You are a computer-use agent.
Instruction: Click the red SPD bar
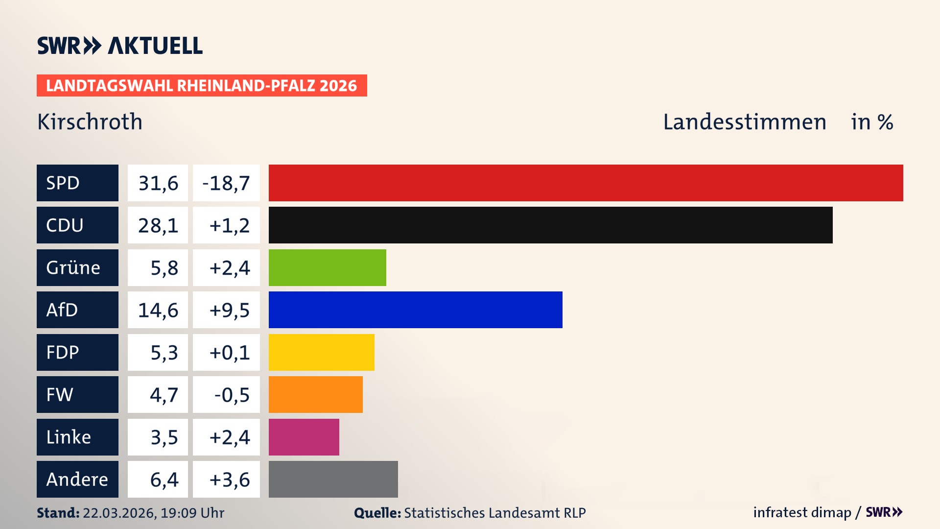586,183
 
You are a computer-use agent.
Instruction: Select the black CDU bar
550,225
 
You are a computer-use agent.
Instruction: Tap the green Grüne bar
327,267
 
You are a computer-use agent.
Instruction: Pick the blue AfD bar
415,310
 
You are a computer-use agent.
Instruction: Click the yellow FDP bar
321,352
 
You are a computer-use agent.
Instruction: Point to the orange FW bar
315,394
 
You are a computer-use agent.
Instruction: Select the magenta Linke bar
304,437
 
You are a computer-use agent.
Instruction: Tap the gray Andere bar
333,479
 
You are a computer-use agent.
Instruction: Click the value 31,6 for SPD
158,183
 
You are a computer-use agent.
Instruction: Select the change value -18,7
226,183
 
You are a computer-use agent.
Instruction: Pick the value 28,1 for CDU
158,225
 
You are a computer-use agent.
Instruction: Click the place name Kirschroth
90,121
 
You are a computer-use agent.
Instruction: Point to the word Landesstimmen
744,121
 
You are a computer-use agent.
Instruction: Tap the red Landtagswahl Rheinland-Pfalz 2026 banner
202,85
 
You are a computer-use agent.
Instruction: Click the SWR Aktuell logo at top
119,46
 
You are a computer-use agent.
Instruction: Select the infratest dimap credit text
802,512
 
